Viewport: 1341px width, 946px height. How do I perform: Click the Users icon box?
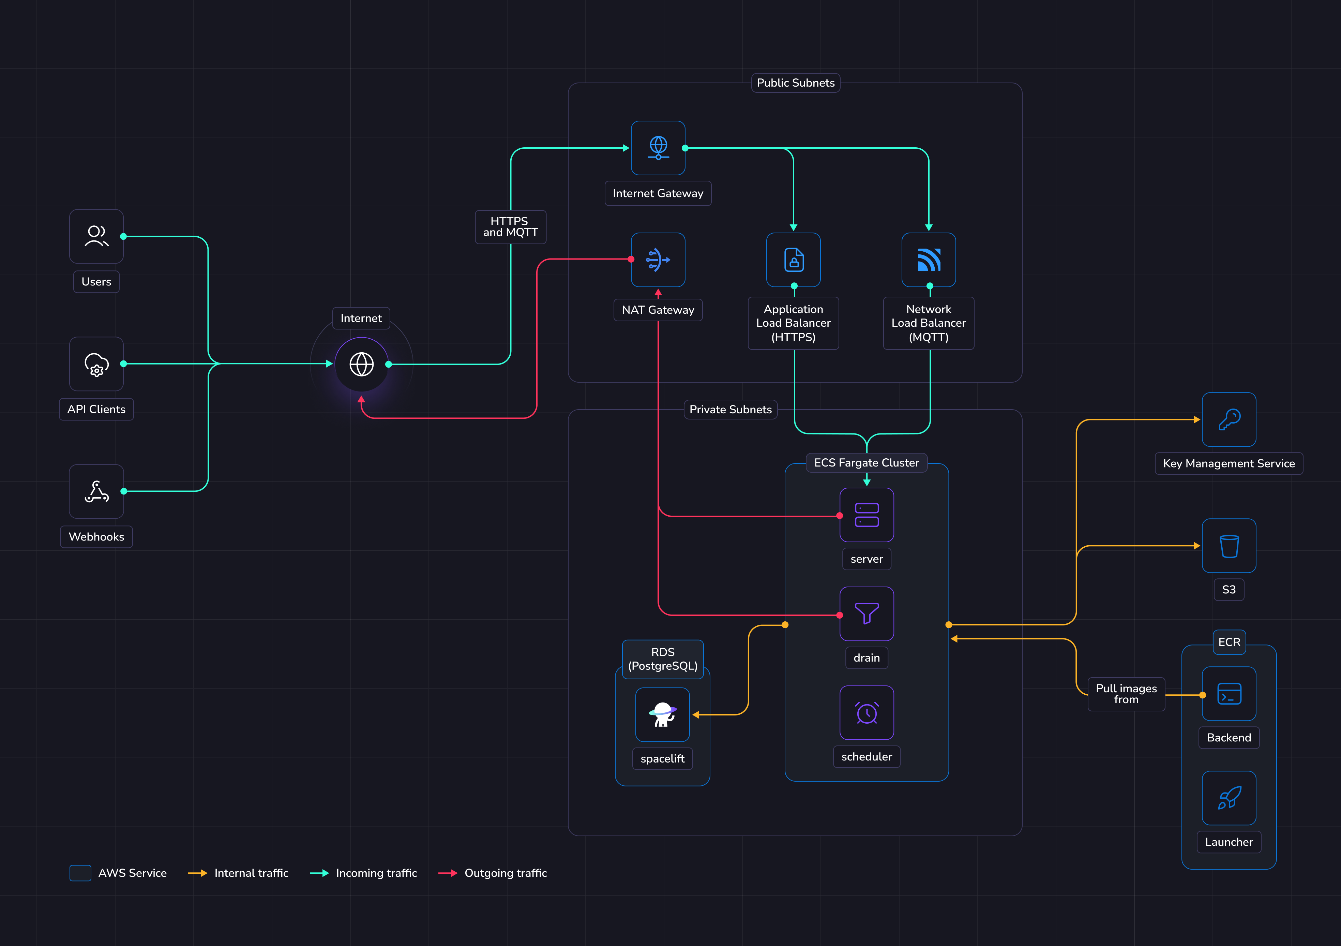point(96,236)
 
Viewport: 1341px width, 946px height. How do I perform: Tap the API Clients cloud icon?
point(96,364)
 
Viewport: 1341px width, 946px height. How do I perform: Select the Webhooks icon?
point(96,491)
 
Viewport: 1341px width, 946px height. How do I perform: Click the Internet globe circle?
point(362,364)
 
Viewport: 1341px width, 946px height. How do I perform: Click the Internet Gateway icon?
point(658,148)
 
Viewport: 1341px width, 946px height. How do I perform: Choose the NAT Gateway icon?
point(658,260)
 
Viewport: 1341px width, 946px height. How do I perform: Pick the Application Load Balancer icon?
point(794,260)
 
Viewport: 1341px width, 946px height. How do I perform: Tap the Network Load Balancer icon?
point(929,260)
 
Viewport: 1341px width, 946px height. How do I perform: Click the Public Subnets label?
point(796,83)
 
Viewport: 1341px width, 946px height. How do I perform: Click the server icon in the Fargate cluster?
point(867,515)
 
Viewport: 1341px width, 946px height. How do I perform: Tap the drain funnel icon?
point(867,614)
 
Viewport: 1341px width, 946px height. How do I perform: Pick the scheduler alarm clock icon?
point(867,713)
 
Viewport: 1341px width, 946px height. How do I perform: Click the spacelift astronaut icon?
point(662,714)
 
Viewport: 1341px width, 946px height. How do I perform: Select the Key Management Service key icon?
point(1229,419)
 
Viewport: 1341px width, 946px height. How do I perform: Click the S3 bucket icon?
point(1229,546)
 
